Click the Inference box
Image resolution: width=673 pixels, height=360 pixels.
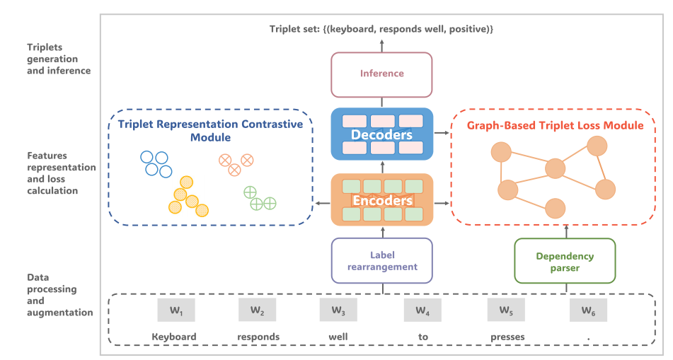click(x=381, y=74)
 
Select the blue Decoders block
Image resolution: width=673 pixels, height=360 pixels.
click(x=381, y=133)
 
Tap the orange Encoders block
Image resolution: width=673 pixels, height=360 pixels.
click(x=381, y=200)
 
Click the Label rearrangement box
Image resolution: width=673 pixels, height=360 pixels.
click(x=381, y=260)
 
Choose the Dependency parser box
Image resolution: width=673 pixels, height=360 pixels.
click(x=564, y=262)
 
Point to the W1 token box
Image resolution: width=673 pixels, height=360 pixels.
click(x=176, y=310)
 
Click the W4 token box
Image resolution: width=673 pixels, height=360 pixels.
click(x=422, y=310)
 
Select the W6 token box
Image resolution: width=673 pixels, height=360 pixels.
click(x=588, y=310)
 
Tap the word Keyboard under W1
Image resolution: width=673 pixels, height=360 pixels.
click(x=174, y=337)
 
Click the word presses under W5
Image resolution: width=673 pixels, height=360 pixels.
click(x=507, y=337)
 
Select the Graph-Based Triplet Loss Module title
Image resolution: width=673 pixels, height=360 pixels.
click(x=556, y=125)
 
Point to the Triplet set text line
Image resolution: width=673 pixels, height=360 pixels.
click(x=381, y=29)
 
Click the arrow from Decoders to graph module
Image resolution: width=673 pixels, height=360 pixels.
click(x=441, y=133)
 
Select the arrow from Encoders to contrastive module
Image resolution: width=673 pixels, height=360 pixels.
click(x=322, y=204)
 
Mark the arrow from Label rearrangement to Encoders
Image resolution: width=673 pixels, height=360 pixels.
click(x=381, y=231)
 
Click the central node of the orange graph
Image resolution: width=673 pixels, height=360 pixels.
click(x=555, y=168)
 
